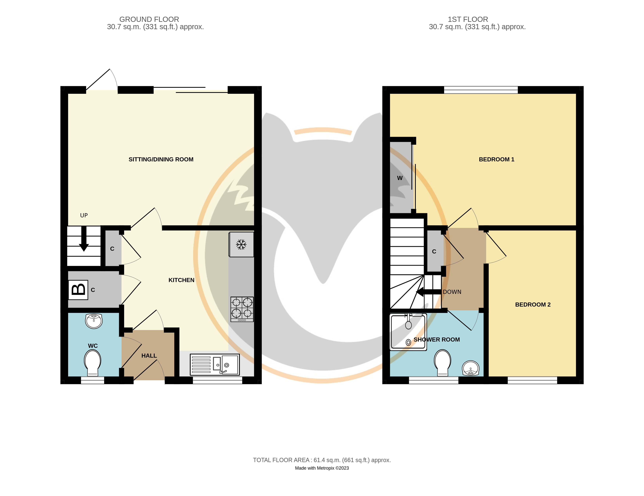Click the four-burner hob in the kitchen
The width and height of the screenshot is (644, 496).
(242, 309)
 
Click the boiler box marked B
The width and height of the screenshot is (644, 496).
(78, 290)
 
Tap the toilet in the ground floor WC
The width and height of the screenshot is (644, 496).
(93, 363)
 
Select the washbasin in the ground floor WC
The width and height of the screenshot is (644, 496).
(94, 321)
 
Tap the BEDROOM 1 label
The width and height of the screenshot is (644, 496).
(496, 160)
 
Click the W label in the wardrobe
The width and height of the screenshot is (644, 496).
(400, 178)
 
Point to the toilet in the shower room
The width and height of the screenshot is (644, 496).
(442, 363)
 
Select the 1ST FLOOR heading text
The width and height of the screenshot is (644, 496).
(468, 19)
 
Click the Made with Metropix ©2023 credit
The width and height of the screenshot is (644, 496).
(322, 468)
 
